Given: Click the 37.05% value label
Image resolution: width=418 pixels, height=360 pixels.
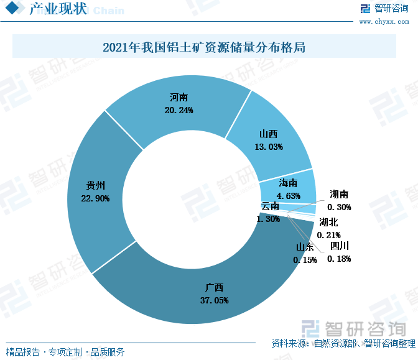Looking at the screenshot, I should (x=214, y=300).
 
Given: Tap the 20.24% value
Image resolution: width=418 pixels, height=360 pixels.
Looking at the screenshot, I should (x=179, y=110).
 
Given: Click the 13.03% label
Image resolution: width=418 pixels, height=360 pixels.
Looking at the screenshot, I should (x=269, y=147).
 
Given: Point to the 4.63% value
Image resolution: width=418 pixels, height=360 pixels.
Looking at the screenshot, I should (x=289, y=196).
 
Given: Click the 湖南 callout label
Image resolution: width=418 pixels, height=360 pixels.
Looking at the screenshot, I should (x=340, y=195).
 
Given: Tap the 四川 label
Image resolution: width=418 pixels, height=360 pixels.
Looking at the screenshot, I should (x=339, y=246).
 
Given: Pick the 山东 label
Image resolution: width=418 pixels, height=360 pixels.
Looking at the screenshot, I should (x=305, y=247).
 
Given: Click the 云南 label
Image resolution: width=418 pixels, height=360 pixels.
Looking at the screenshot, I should (x=270, y=206).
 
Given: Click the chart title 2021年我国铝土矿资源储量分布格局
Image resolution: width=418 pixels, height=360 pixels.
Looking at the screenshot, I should (x=204, y=47).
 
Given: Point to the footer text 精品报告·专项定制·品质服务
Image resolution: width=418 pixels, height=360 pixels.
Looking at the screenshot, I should (x=65, y=352).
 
